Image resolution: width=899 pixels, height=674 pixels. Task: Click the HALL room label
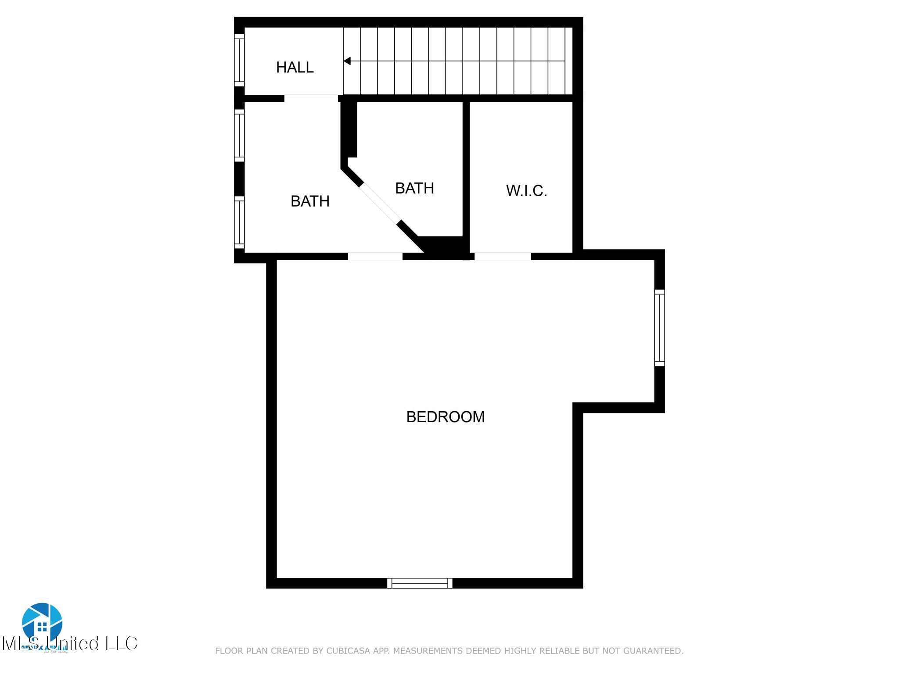pyautogui.click(x=295, y=67)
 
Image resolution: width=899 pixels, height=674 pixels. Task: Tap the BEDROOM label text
pyautogui.click(x=445, y=416)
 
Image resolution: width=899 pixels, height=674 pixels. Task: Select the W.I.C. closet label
pyautogui.click(x=526, y=191)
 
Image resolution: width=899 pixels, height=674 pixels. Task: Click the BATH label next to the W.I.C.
pyautogui.click(x=414, y=188)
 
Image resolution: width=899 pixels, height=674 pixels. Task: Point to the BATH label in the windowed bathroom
pyautogui.click(x=310, y=201)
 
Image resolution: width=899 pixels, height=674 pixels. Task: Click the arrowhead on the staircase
pyautogui.click(x=347, y=61)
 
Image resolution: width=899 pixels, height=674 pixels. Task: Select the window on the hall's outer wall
pyautogui.click(x=239, y=60)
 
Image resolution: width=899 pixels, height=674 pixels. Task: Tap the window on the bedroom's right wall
pyautogui.click(x=659, y=327)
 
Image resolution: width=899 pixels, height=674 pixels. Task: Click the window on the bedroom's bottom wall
pyautogui.click(x=420, y=583)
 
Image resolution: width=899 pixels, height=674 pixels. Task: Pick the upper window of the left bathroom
pyautogui.click(x=239, y=135)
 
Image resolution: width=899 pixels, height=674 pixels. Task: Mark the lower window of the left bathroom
pyautogui.click(x=239, y=222)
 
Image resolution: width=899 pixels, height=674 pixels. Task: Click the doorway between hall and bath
pyautogui.click(x=311, y=98)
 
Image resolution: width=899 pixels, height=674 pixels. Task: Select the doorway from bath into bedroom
pyautogui.click(x=375, y=256)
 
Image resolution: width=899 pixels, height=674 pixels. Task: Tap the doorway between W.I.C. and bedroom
pyautogui.click(x=503, y=256)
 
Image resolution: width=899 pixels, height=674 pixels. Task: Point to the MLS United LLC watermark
pyautogui.click(x=70, y=644)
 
